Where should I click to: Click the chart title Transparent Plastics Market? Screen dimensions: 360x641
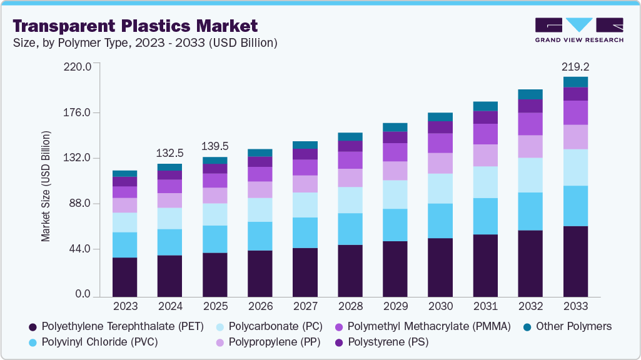click(135, 26)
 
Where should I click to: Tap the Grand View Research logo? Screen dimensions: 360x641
click(578, 29)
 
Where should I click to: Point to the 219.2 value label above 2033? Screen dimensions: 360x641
click(575, 66)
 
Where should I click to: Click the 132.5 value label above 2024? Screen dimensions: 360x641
click(170, 152)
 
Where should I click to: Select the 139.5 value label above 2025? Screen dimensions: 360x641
click(215, 146)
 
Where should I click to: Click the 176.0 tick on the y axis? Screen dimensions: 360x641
click(78, 112)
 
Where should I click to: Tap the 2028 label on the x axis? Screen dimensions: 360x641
click(350, 306)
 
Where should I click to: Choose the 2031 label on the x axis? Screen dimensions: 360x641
click(485, 306)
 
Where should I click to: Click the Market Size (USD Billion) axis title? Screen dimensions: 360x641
click(46, 186)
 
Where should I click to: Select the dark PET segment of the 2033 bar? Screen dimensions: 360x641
click(575, 261)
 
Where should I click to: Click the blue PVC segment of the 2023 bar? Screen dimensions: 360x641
click(125, 244)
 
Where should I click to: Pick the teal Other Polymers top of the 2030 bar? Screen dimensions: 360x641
click(440, 117)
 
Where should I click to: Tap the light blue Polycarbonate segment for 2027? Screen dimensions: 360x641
click(305, 204)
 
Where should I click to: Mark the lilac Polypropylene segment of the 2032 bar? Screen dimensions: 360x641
click(530, 146)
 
